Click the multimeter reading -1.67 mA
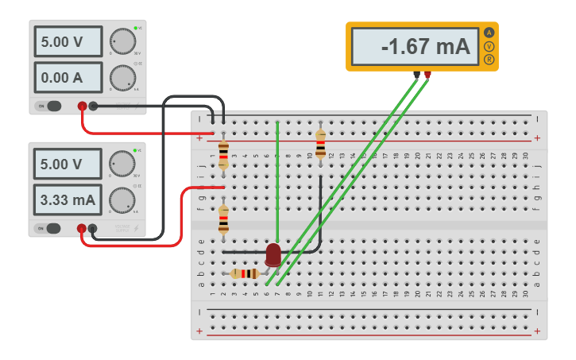point(413,47)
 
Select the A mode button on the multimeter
point(489,33)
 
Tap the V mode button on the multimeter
point(489,46)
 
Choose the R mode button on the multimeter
point(489,60)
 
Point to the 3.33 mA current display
point(68,200)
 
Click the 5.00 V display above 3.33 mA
point(68,165)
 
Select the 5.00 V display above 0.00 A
point(68,41)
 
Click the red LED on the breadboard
point(273,254)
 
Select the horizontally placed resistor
point(245,273)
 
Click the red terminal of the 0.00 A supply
point(82,106)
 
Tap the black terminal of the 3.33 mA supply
point(93,229)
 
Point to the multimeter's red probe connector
point(427,75)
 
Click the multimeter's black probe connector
point(416,75)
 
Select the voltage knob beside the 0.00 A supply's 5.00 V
point(122,40)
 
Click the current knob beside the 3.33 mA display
point(122,200)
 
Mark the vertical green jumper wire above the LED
point(277,183)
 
